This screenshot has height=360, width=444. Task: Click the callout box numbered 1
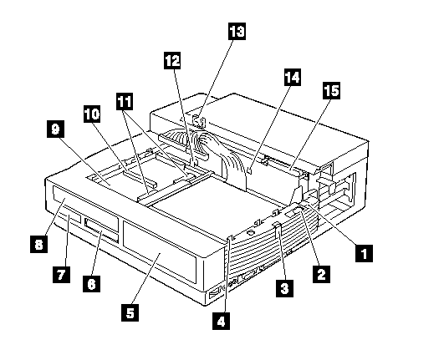click(365, 253)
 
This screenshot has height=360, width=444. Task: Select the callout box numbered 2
click(321, 273)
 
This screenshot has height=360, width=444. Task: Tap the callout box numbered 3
click(285, 288)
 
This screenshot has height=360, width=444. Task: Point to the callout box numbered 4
click(221, 321)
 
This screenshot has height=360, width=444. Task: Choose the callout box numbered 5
click(130, 312)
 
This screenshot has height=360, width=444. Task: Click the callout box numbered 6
click(91, 283)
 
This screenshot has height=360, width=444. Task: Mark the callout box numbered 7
click(61, 274)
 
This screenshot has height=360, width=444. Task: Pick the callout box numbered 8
click(38, 244)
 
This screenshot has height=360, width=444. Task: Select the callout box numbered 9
click(55, 129)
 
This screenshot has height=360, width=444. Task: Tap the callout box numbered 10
click(92, 114)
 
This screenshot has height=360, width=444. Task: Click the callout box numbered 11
click(125, 101)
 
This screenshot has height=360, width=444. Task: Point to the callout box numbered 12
click(172, 60)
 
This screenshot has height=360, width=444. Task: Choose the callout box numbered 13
click(237, 31)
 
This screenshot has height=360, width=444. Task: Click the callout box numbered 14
click(293, 77)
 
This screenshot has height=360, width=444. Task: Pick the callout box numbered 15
click(332, 91)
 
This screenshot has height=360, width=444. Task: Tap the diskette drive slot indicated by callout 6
click(101, 226)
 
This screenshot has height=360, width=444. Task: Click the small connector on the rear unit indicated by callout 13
click(198, 122)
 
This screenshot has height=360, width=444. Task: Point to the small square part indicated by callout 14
click(249, 170)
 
